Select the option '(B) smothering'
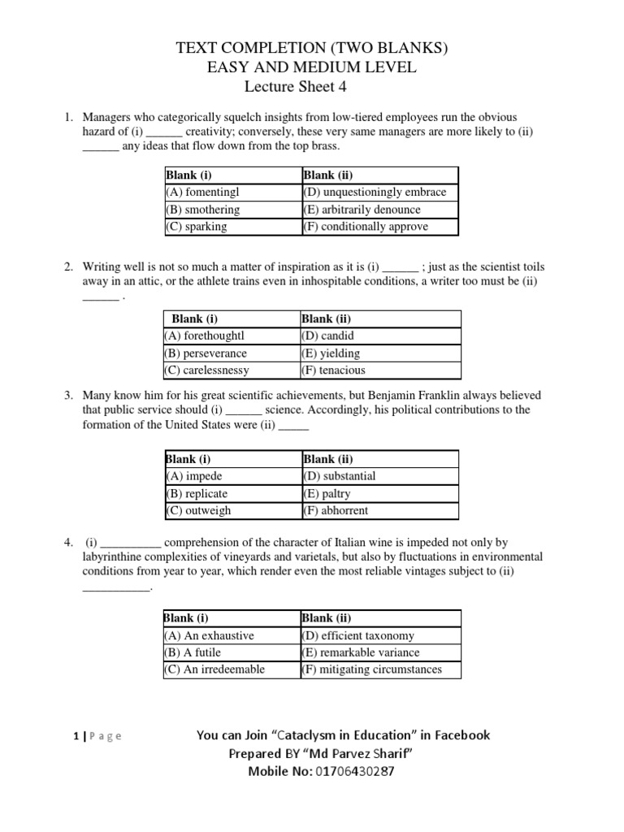pyautogui.click(x=202, y=210)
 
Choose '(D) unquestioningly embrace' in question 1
pyautogui.click(x=375, y=193)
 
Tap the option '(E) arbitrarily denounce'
pyautogui.click(x=362, y=210)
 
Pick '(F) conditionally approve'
pyautogui.click(x=365, y=227)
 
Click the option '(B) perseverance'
pyautogui.click(x=206, y=353)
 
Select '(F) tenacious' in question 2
pyautogui.click(x=333, y=370)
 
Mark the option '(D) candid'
pyautogui.click(x=327, y=336)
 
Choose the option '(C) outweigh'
pyautogui.click(x=198, y=511)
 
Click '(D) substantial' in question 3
pyautogui.click(x=339, y=476)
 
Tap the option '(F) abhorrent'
pyautogui.click(x=335, y=511)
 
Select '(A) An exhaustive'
pyautogui.click(x=210, y=635)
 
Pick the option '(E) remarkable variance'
pyautogui.click(x=360, y=652)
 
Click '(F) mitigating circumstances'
pyautogui.click(x=371, y=669)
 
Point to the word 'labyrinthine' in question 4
pyautogui.click(x=115, y=557)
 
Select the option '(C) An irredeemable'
pyautogui.click(x=214, y=669)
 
